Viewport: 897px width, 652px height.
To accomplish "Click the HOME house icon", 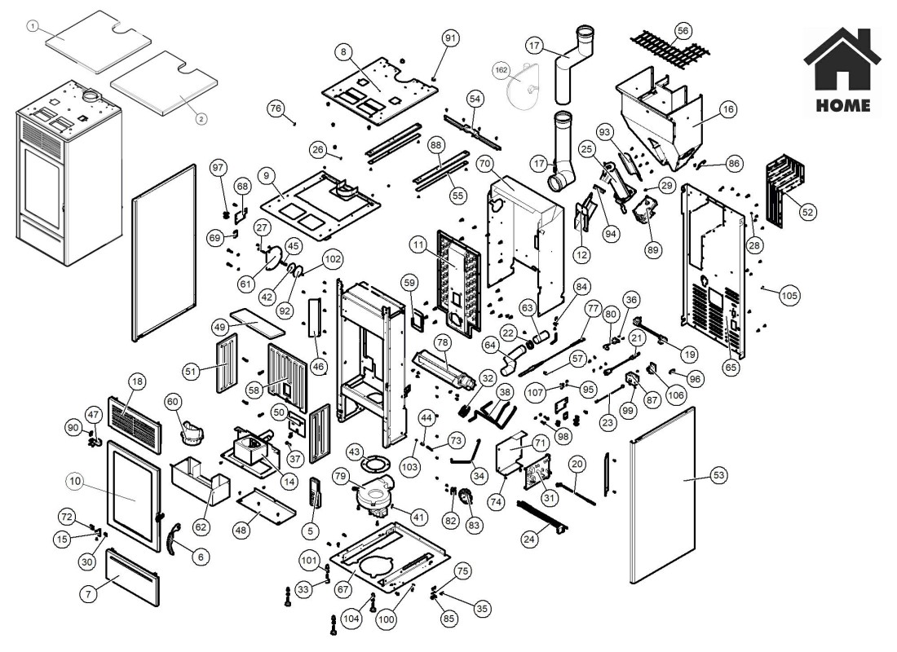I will [x=842, y=61].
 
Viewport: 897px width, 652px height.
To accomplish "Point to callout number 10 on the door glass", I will [x=75, y=482].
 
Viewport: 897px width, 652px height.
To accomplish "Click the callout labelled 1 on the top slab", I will [x=32, y=26].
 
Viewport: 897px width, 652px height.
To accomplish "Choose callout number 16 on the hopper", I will [x=728, y=108].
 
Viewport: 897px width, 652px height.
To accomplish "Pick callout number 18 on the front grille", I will [x=137, y=381].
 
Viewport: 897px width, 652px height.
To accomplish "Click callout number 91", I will [x=451, y=38].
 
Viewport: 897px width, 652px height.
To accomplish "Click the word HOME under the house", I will [x=842, y=106].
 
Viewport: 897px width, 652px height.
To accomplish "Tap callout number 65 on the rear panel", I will [x=730, y=368].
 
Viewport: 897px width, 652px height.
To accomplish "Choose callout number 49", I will [x=219, y=326].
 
